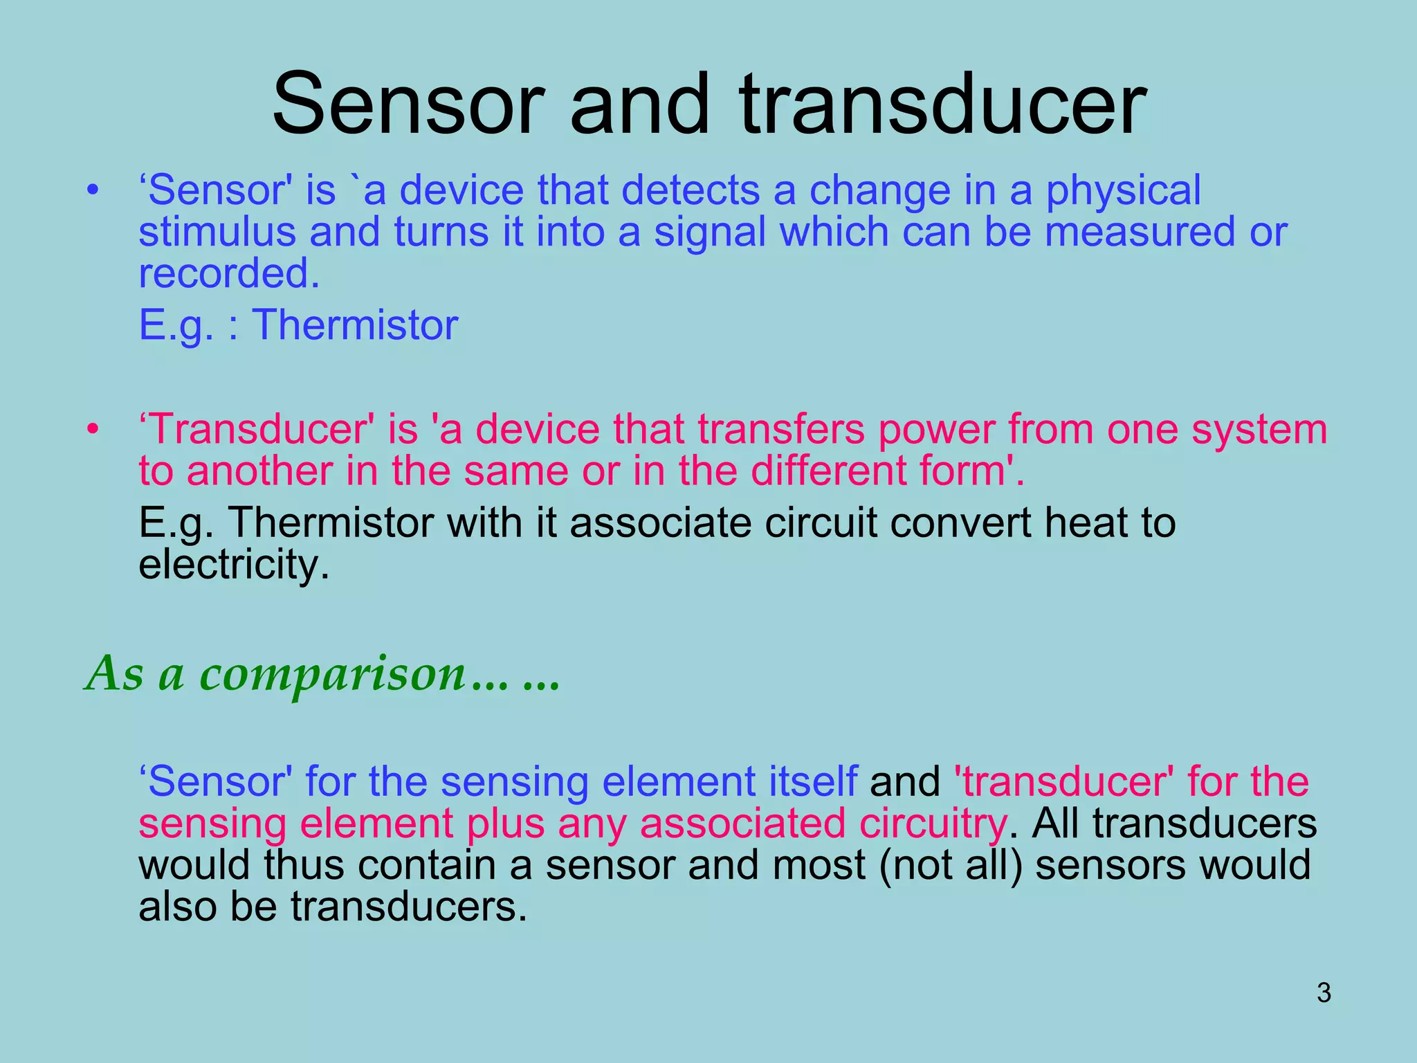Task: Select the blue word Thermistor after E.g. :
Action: pyautogui.click(x=354, y=325)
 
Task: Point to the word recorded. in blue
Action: pyautogui.click(x=229, y=273)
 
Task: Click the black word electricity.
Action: pyautogui.click(x=234, y=565)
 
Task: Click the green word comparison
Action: pyautogui.click(x=332, y=674)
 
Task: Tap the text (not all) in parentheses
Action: pyautogui.click(x=951, y=866)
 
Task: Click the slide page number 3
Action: pyautogui.click(x=1324, y=993)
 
